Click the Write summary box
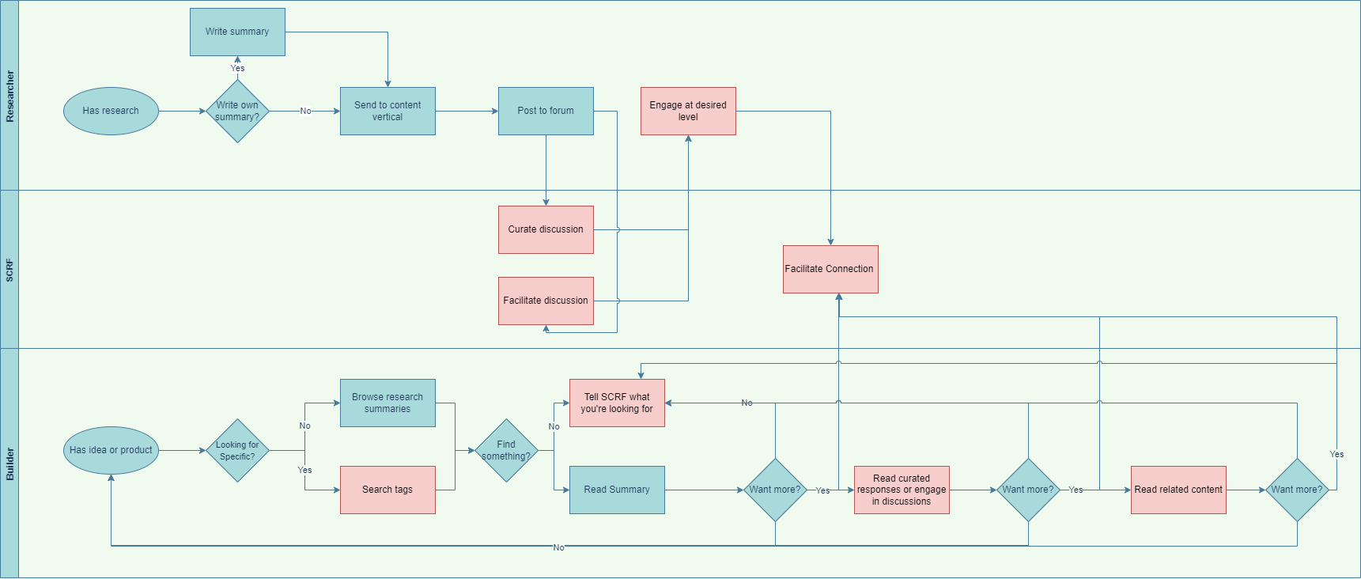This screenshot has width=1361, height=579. (237, 32)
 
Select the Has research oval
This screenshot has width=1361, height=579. (111, 111)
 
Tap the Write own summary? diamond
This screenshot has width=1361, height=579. (237, 111)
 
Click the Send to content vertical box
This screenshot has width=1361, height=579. (388, 111)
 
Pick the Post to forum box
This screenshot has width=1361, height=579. (546, 111)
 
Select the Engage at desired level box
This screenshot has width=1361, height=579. (688, 111)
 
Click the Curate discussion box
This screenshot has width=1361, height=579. (546, 229)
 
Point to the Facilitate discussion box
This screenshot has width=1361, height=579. (546, 301)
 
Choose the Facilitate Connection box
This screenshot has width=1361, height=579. (830, 269)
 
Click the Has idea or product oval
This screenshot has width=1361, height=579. (111, 450)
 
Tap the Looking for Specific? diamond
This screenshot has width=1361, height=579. (237, 450)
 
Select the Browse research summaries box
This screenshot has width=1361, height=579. (388, 403)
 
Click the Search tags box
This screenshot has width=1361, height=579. (388, 490)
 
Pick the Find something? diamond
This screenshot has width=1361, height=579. (506, 450)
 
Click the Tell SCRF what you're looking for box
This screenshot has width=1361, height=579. (617, 403)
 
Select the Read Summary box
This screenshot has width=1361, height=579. (617, 490)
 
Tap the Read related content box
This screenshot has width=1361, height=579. (1178, 490)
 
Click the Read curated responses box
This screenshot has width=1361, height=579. (902, 490)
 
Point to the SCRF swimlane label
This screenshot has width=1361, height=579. (9, 270)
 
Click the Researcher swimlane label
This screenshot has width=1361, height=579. (9, 96)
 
